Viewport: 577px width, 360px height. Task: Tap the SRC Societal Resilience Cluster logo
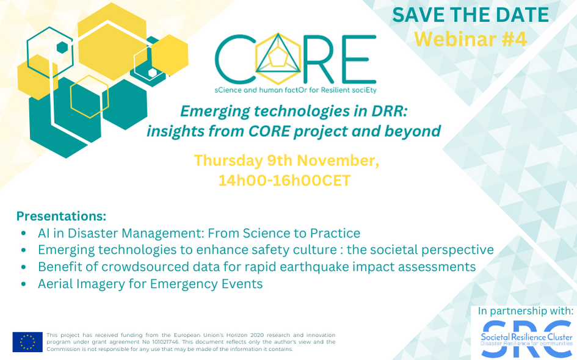click(x=526, y=339)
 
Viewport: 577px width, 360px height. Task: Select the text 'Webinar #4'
click(x=470, y=38)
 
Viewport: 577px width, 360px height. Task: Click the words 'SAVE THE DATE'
click(x=470, y=15)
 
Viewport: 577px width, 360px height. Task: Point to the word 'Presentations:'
click(x=61, y=216)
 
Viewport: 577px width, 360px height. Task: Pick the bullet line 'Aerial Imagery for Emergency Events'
click(x=150, y=284)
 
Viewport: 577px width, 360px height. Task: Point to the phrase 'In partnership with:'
click(x=526, y=311)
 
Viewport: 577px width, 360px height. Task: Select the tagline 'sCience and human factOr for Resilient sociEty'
click(x=295, y=90)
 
